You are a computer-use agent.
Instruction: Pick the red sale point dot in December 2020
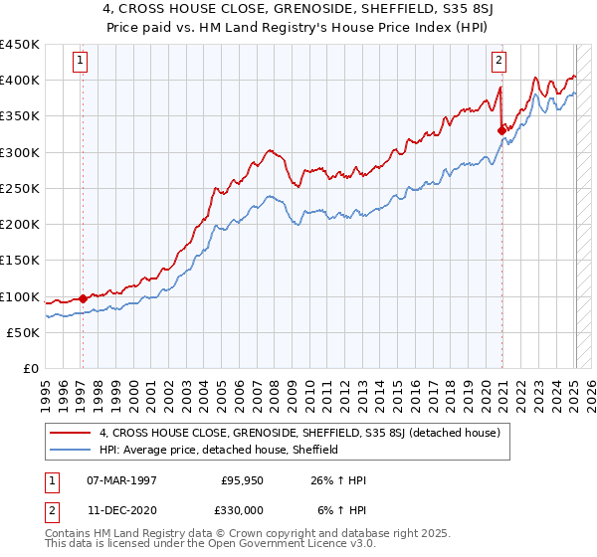pos(501,129)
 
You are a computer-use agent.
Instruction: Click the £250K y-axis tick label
pos(20,188)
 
